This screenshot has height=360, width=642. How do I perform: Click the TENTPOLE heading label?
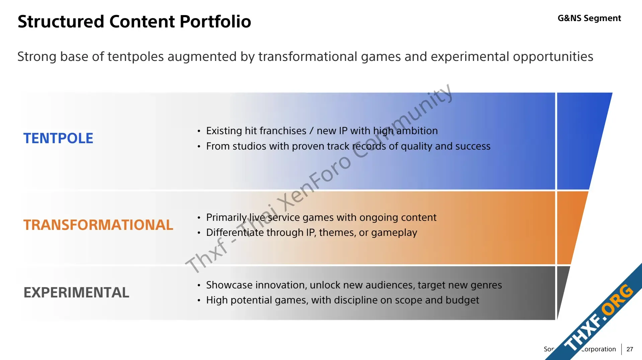(x=58, y=139)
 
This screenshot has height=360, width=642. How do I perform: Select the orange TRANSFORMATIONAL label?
(x=98, y=225)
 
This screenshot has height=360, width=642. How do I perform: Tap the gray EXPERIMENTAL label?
(x=76, y=292)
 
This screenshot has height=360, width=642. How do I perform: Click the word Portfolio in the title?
(x=215, y=21)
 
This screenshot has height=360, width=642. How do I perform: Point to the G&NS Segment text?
(x=589, y=18)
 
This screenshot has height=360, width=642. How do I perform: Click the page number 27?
(x=630, y=349)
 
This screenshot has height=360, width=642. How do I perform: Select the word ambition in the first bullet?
(x=417, y=130)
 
